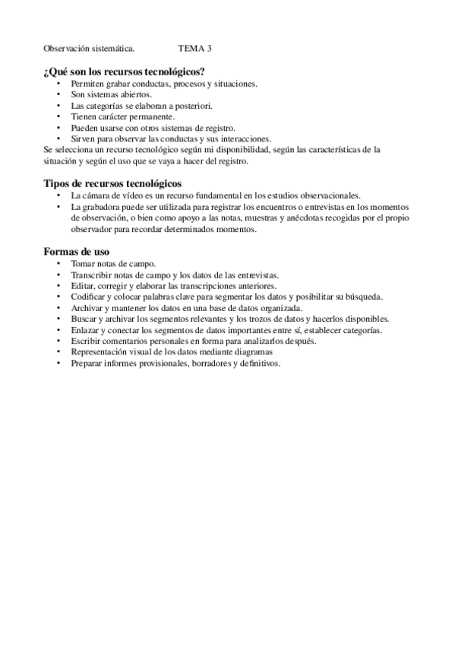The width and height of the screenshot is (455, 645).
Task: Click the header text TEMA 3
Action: pyautogui.click(x=195, y=49)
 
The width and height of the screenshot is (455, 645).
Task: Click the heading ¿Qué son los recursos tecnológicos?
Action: pyautogui.click(x=125, y=71)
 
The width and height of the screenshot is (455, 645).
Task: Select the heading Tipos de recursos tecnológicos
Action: pyautogui.click(x=112, y=183)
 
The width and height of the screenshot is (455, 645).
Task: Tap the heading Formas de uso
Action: pyautogui.click(x=77, y=251)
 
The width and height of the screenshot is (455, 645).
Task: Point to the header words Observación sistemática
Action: pyautogui.click(x=90, y=49)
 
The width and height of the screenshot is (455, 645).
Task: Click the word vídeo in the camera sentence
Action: pyautogui.click(x=141, y=195)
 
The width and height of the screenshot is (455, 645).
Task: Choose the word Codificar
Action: pyautogui.click(x=88, y=297)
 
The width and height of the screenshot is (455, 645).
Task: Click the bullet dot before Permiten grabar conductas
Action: pyautogui.click(x=59, y=84)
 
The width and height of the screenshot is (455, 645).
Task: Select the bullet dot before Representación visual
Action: pyautogui.click(x=59, y=353)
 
